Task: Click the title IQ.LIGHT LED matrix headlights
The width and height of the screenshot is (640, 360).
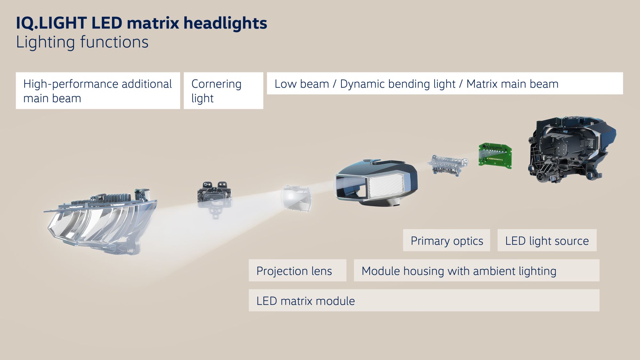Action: tap(141, 23)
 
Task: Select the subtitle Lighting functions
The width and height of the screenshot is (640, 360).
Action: tap(82, 42)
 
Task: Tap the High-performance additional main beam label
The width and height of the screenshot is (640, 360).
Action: tap(98, 91)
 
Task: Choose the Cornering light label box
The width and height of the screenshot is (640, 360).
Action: tap(223, 91)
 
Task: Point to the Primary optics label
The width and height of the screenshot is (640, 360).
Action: tap(446, 240)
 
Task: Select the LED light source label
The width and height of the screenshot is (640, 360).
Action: tap(547, 240)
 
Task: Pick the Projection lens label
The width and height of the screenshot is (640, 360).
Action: tap(297, 270)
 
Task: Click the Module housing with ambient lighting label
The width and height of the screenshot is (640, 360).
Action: tap(476, 270)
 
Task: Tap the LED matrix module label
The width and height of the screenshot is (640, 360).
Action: tap(424, 300)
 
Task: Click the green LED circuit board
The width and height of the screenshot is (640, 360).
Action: tap(495, 156)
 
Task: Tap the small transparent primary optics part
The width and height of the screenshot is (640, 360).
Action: tap(447, 164)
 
